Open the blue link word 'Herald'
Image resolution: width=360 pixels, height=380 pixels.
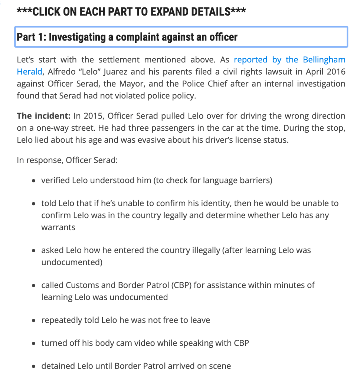coord(29,72)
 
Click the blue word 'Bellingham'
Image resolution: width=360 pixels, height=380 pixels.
coord(324,60)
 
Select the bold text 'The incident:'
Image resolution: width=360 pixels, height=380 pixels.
coord(43,116)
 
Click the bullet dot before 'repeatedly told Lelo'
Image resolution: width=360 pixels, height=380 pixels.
coord(34,321)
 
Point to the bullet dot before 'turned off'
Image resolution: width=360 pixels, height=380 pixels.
coord(34,344)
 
